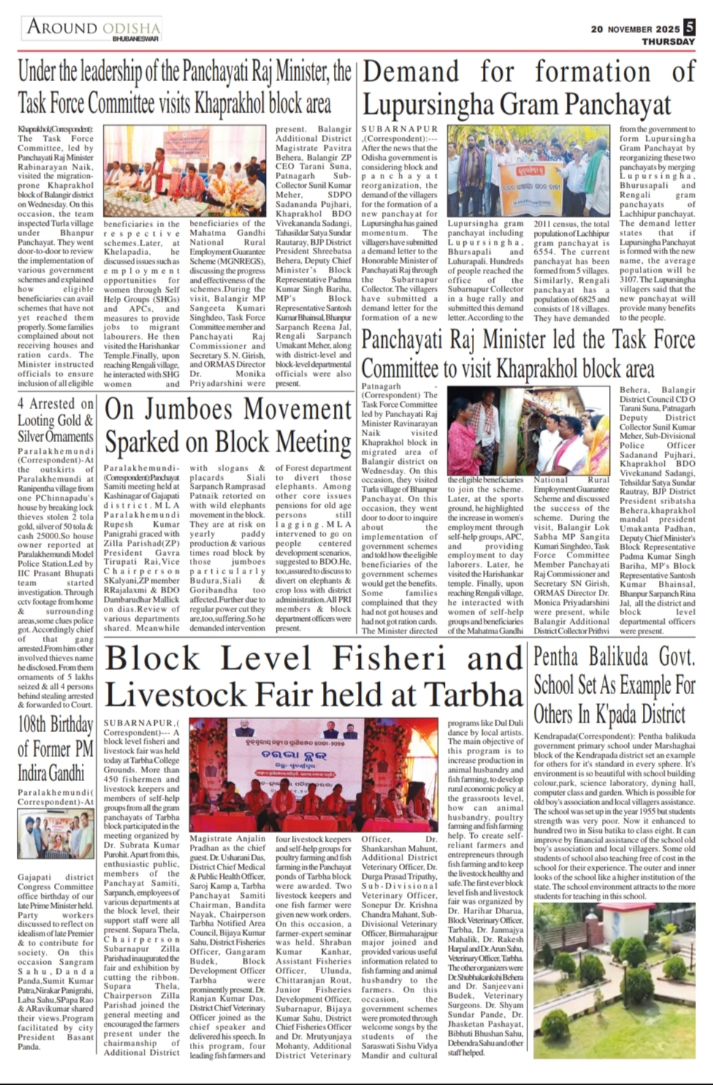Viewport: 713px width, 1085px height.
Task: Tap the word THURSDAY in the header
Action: (668, 42)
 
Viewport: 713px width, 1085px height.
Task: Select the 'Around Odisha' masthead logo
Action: (94, 29)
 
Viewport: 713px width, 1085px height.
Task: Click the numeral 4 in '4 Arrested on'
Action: (21, 404)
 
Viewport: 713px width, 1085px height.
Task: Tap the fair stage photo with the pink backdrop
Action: (316, 773)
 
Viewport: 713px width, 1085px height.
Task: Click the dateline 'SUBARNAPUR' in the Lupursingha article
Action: (400, 129)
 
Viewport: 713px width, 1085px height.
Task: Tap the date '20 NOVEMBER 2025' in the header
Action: (636, 29)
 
